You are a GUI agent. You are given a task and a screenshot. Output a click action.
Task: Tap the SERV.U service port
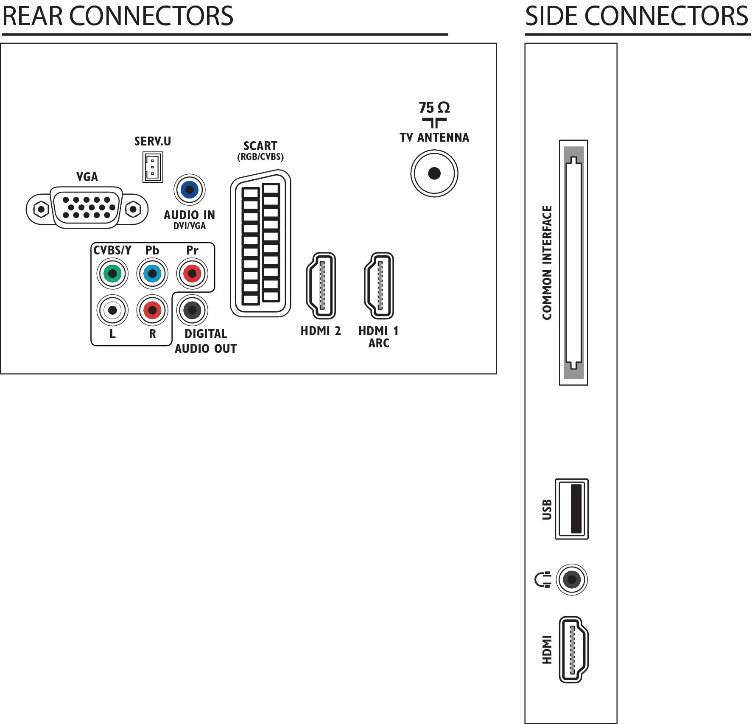click(x=153, y=166)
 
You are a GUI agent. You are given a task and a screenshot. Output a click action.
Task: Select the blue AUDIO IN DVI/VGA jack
click(x=190, y=190)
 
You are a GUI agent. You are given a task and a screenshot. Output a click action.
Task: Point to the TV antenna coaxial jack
click(x=434, y=173)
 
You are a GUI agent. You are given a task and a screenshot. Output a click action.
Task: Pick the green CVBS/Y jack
click(x=112, y=274)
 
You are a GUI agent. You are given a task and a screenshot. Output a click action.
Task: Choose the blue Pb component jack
click(x=152, y=274)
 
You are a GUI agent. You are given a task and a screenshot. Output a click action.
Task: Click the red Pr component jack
click(x=192, y=274)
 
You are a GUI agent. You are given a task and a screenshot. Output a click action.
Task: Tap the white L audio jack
click(x=112, y=310)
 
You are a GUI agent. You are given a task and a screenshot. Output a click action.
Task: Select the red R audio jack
click(x=152, y=310)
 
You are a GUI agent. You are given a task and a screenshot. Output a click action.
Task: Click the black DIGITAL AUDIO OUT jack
click(x=192, y=310)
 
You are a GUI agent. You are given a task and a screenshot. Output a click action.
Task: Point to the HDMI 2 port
click(x=321, y=285)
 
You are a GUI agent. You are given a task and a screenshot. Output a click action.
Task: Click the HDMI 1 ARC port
click(x=379, y=285)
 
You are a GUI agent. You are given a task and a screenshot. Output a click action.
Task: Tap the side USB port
click(x=572, y=509)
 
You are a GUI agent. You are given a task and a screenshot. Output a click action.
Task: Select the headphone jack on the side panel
click(x=572, y=579)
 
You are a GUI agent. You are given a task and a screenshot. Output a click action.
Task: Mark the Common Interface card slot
click(x=573, y=263)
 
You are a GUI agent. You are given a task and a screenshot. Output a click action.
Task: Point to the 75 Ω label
click(x=434, y=108)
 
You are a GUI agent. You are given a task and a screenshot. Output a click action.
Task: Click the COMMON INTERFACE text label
click(x=547, y=263)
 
